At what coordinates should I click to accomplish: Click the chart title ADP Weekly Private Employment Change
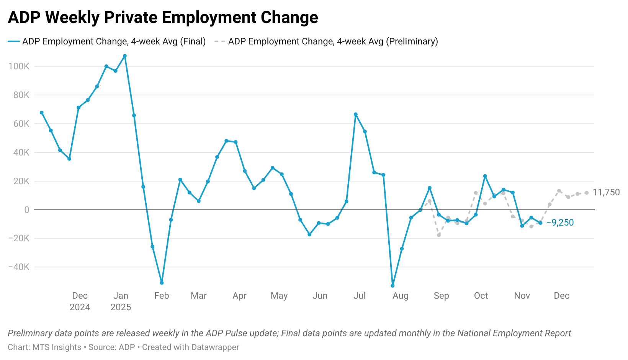163,18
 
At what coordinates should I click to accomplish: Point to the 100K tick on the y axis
19,66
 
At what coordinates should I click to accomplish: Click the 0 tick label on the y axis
26,210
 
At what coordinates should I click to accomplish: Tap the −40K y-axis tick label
19,267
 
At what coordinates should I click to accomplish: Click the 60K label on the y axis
21,124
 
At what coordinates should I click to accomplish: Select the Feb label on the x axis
162,296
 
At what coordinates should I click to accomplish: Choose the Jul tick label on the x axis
360,296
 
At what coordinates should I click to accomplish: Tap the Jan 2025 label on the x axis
121,301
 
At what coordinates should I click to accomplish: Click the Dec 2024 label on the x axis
80,301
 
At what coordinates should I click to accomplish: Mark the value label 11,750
606,192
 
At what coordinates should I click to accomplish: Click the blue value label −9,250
560,223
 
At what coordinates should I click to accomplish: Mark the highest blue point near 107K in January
125,56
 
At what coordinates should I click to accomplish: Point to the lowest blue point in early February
162,283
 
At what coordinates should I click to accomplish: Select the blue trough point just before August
392,286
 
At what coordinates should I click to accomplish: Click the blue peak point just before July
356,114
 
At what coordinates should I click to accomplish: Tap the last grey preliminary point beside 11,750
587,193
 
